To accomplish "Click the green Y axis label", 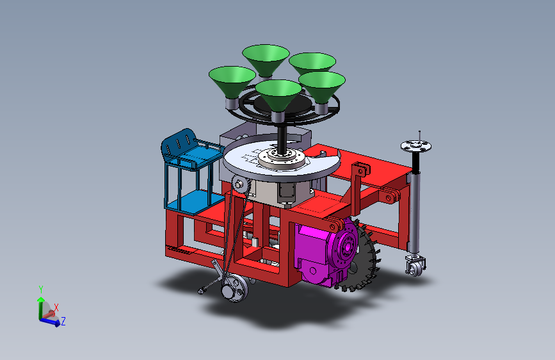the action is [41, 290].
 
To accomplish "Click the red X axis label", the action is [56, 307].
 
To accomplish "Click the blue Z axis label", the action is [63, 322].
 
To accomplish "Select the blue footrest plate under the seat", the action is [191, 202].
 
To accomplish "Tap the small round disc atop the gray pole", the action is [416, 145].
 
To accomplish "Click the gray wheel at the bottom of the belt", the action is [234, 288].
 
